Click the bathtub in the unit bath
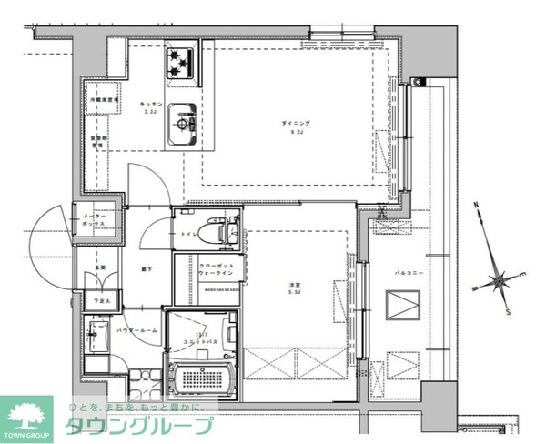coord(203,378)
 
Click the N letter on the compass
coord(478,207)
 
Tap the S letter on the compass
coord(508,311)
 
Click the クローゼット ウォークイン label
coord(217,269)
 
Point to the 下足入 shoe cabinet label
coord(100,300)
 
